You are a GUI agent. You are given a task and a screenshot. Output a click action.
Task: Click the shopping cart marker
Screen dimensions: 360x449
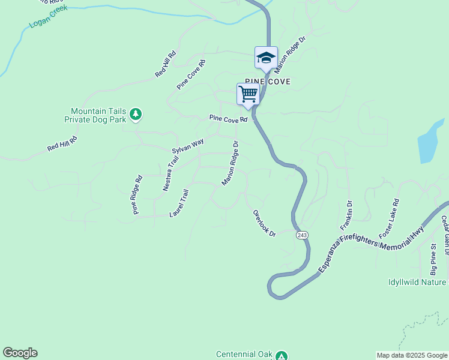click(x=248, y=94)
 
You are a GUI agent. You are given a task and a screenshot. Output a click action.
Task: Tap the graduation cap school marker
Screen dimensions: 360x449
click(x=266, y=58)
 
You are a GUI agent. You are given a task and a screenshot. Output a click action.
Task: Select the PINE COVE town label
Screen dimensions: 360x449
click(x=268, y=81)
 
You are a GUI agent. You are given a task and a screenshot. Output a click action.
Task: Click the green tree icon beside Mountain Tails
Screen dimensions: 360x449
click(x=136, y=114)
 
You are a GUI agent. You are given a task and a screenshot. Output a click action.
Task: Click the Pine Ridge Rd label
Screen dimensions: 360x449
click(x=137, y=195)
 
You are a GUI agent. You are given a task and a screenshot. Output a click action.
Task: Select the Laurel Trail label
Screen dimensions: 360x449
click(x=179, y=203)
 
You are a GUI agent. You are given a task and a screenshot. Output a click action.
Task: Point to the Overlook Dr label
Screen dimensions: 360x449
click(x=264, y=223)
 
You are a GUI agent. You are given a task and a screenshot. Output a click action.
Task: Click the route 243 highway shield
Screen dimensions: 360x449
click(x=302, y=235)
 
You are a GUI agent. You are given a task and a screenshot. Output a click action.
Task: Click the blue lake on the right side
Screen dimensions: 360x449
click(x=430, y=142)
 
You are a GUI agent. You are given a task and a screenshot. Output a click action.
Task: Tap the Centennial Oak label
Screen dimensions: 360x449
click(x=244, y=355)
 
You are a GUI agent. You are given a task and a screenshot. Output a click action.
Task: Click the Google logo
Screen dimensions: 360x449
click(x=20, y=353)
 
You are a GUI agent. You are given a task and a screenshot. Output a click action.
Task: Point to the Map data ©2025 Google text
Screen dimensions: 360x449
click(x=411, y=355)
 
